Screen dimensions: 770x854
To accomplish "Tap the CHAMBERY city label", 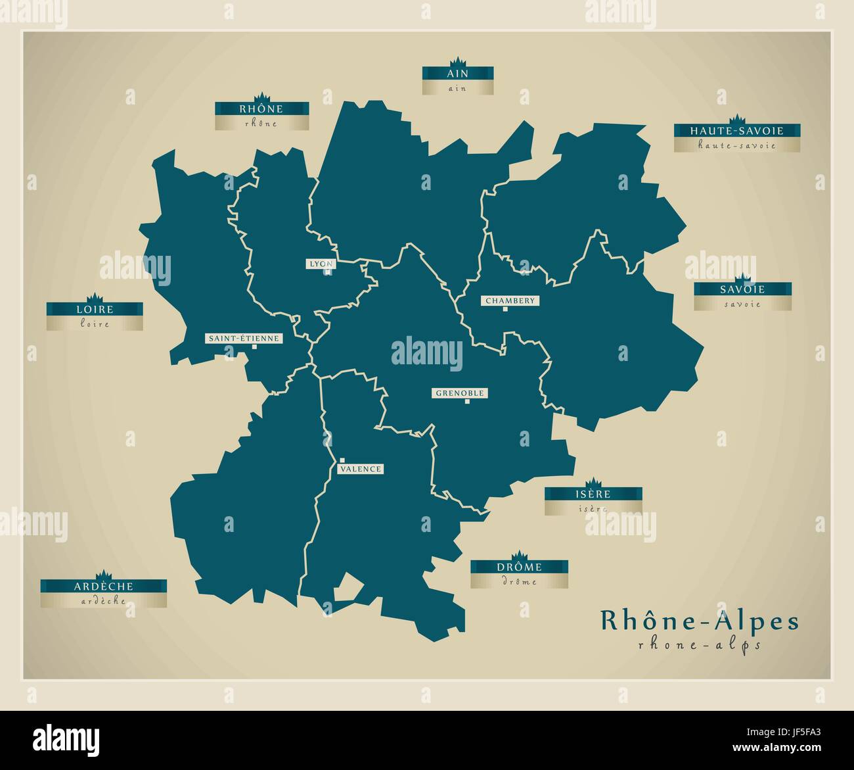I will [x=510, y=301].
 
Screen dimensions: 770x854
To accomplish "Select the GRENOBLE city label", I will [x=460, y=393].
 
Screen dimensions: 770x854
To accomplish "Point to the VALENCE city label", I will [x=360, y=469].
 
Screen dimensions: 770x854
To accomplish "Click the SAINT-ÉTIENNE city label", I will [x=244, y=339].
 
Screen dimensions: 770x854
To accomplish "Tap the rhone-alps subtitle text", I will [x=699, y=645].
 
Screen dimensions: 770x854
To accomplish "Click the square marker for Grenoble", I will [x=467, y=402].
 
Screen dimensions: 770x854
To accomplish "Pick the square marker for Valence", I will [x=342, y=460].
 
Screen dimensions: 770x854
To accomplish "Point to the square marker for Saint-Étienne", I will [x=253, y=348].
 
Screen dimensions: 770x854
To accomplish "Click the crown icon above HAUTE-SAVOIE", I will [x=736, y=119].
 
